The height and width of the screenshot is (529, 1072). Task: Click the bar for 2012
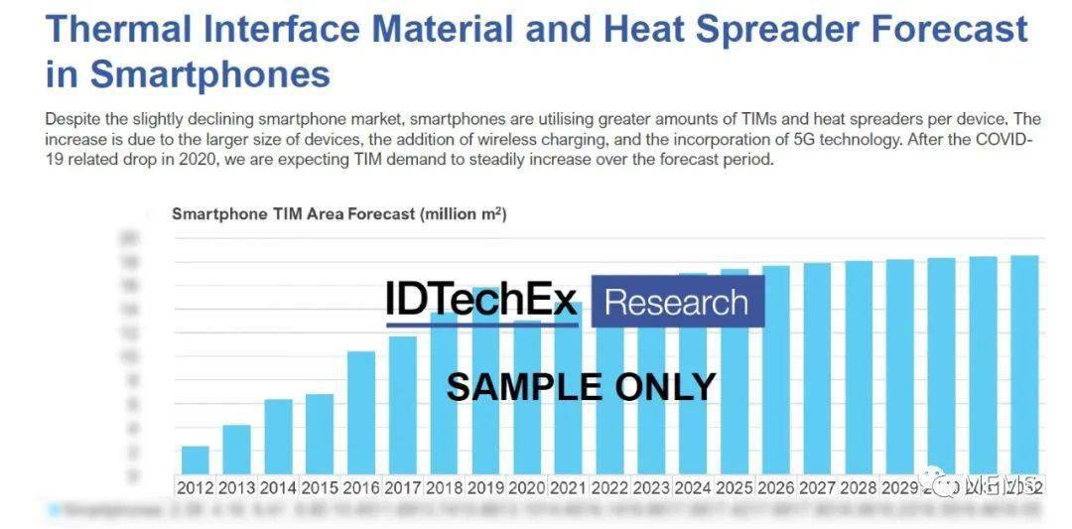click(196, 460)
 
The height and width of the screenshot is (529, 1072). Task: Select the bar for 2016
click(361, 412)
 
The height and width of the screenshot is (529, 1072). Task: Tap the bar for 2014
click(278, 436)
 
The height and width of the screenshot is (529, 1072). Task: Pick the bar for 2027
click(817, 368)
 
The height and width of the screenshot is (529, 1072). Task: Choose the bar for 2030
click(941, 365)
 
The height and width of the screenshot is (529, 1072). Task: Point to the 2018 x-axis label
click(444, 487)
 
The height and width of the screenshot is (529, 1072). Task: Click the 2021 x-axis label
click(569, 487)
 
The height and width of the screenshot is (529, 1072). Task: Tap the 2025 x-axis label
click(735, 487)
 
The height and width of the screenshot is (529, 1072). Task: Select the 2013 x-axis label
click(236, 487)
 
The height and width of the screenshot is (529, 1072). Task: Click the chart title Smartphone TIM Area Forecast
click(338, 214)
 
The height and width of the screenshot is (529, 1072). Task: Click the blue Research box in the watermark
click(677, 302)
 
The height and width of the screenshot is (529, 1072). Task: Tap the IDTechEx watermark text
click(482, 300)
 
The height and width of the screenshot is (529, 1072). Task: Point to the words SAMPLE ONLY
click(581, 386)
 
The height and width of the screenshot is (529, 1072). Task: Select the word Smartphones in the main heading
click(210, 74)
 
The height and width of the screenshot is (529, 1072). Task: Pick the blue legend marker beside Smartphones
click(55, 510)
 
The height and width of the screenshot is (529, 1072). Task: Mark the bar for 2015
click(320, 434)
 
